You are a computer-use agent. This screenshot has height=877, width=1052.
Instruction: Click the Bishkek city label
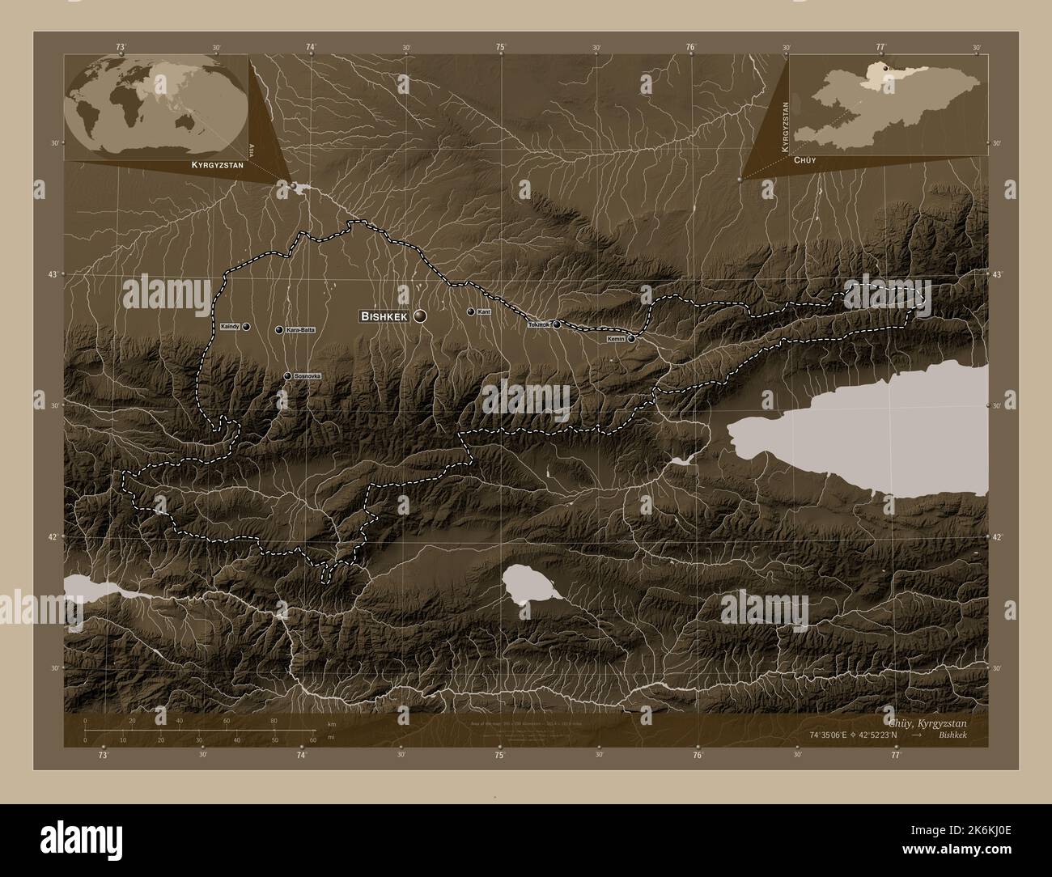[384, 316]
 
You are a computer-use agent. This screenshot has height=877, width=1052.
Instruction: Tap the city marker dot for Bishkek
[420, 316]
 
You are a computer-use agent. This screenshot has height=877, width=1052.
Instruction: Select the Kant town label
[485, 311]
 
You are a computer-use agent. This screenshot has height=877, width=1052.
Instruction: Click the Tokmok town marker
[557, 325]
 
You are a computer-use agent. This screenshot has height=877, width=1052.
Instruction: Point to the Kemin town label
[616, 340]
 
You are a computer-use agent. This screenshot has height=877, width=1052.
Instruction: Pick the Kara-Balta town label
[300, 330]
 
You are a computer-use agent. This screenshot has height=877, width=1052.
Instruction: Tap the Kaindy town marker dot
[246, 327]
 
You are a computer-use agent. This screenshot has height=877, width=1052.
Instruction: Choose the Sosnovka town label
[308, 376]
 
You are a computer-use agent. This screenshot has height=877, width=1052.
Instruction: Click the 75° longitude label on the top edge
[502, 48]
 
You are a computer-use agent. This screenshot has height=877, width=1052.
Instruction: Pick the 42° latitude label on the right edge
[999, 536]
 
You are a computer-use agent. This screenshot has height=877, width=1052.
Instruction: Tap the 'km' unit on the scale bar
[331, 723]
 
